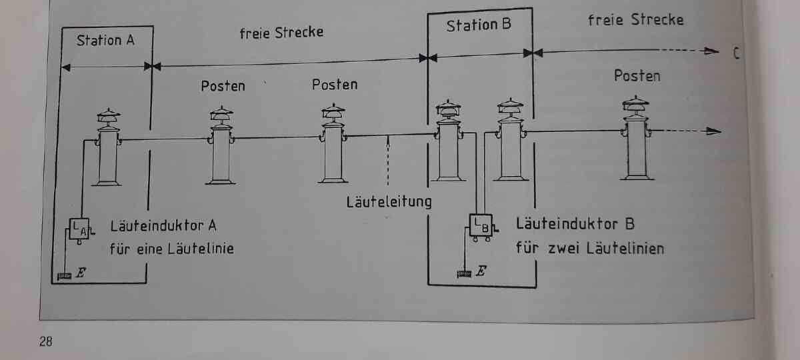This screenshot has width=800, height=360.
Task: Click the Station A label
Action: click(x=105, y=40)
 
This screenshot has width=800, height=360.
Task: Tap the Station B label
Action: click(x=479, y=26)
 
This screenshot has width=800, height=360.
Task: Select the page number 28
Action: click(x=46, y=342)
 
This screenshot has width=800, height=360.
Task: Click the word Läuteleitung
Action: click(x=389, y=201)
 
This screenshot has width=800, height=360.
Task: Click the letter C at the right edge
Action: click(x=736, y=53)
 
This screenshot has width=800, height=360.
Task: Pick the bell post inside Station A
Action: click(x=107, y=147)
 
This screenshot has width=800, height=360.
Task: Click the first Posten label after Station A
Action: click(x=223, y=86)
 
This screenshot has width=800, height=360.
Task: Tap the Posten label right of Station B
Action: click(x=637, y=75)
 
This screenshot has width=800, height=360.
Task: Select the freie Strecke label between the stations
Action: click(x=281, y=32)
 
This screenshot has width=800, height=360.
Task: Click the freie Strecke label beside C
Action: click(x=635, y=19)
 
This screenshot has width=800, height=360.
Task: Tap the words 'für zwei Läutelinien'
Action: click(x=589, y=249)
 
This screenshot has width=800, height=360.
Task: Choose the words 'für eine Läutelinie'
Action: click(x=172, y=250)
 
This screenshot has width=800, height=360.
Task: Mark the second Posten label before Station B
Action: click(x=335, y=85)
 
